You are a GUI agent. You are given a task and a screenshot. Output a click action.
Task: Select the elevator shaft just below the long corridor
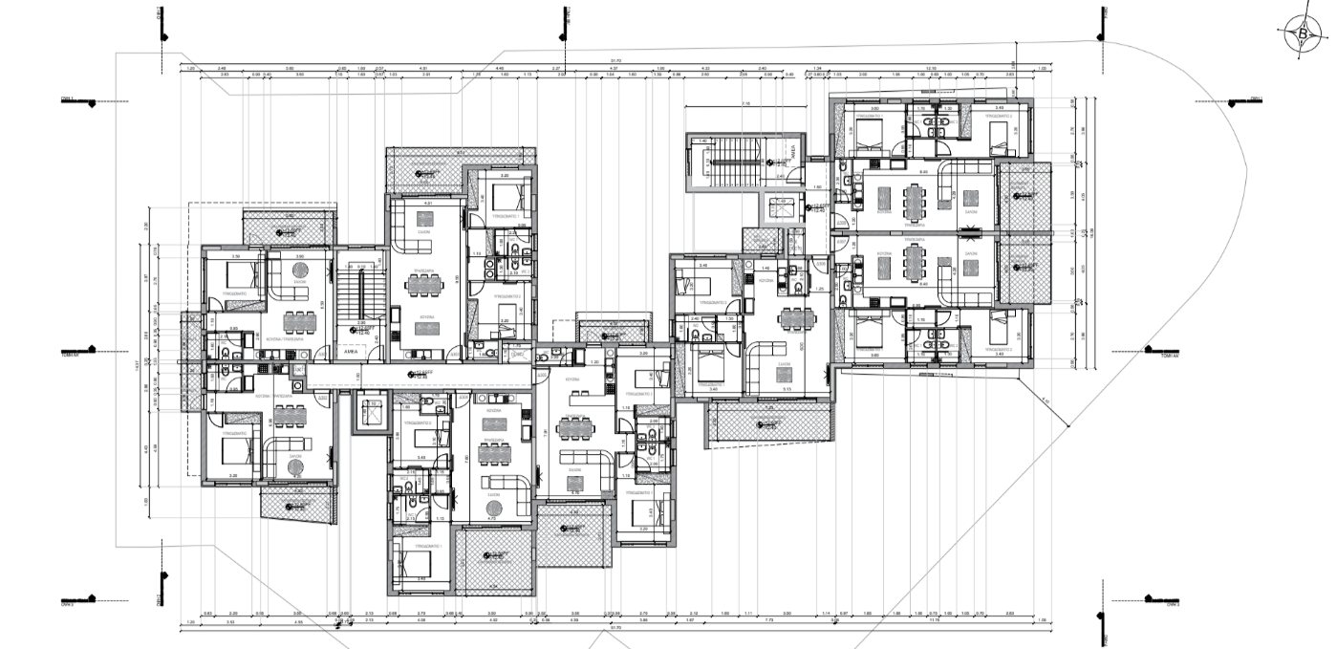[369, 413]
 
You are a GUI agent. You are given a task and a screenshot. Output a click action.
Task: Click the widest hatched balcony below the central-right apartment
[770, 422]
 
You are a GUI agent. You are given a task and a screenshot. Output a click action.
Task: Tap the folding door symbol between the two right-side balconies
[973, 229]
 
